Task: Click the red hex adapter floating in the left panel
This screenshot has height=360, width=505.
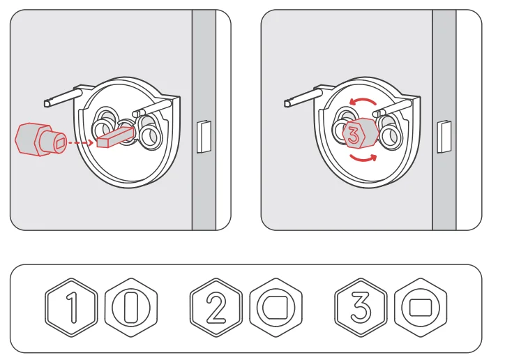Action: tap(38, 140)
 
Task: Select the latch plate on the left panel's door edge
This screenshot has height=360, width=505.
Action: tap(203, 135)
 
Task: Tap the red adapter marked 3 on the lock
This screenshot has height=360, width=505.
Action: tap(358, 136)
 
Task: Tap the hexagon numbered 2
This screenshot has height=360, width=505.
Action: tap(217, 307)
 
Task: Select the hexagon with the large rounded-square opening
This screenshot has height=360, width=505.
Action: tap(275, 307)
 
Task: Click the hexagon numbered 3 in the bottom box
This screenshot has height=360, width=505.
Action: tap(361, 307)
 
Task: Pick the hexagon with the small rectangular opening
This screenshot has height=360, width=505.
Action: tap(419, 307)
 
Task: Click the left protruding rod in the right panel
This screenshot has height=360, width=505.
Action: tap(303, 98)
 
